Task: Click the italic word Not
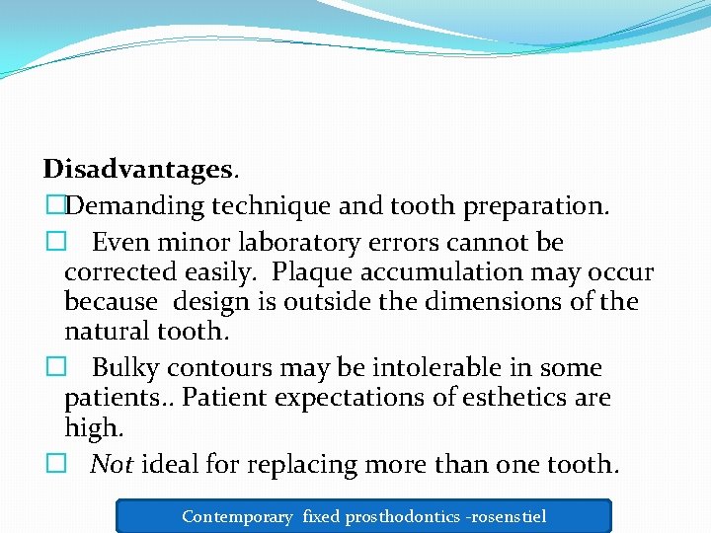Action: click(x=112, y=464)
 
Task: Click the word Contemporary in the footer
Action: click(x=237, y=516)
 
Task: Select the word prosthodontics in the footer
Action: click(x=405, y=516)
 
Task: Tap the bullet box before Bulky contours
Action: click(x=52, y=368)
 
